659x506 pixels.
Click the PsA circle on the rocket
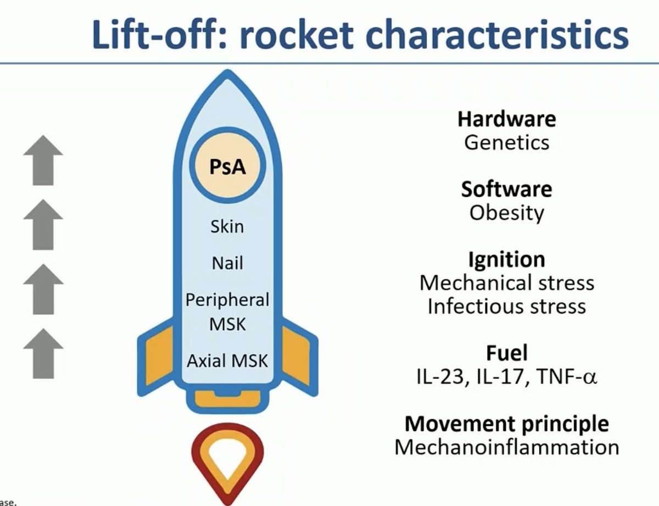(227, 167)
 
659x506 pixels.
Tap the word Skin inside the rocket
(227, 226)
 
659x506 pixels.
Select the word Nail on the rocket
(227, 263)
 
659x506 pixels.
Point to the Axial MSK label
(227, 361)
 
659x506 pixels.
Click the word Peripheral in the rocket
(227, 300)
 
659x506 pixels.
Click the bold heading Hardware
(506, 119)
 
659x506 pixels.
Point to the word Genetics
(506, 142)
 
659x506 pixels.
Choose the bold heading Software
(506, 189)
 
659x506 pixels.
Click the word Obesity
(506, 213)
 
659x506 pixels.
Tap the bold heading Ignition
(506, 259)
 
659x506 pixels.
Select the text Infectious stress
(506, 306)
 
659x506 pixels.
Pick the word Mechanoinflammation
(506, 447)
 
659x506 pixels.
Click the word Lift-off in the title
(157, 36)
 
